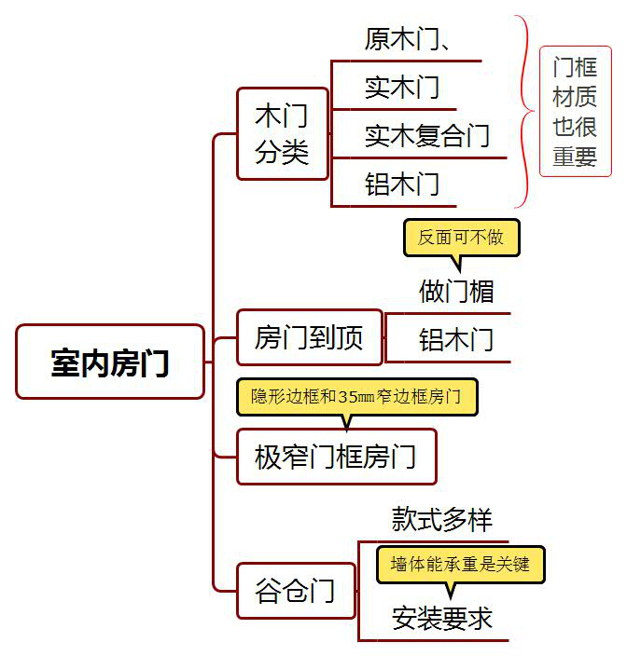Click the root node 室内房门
pos(110,362)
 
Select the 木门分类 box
pos(282,133)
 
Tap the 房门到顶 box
pos(309,336)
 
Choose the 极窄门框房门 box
pos(336,457)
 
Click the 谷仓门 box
pos(295,590)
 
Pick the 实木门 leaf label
pos(402,88)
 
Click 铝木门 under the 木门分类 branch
pos(402,184)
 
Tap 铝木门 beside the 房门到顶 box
pos(455,338)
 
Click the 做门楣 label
pos(455,291)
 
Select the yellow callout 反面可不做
pos(461,238)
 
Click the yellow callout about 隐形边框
pos(356,396)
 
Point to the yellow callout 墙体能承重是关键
pos(460,564)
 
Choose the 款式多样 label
pos(441,519)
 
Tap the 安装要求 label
pos(441,618)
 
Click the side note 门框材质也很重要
pos(575,111)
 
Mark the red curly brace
pos(523,111)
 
